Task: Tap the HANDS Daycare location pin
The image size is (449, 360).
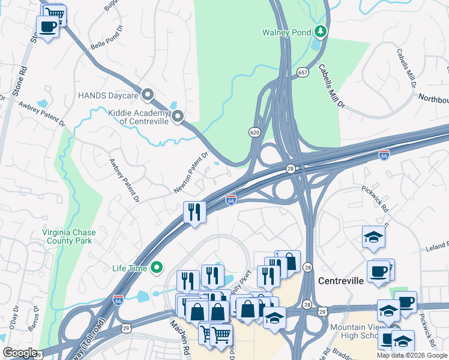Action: click(x=148, y=95)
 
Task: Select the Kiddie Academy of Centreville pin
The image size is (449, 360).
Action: click(x=178, y=117)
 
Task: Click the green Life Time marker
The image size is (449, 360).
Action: click(x=157, y=268)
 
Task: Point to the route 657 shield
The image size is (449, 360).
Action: click(x=302, y=73)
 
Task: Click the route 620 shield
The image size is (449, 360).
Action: click(x=255, y=131)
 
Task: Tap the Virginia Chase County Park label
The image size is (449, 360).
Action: click(x=67, y=236)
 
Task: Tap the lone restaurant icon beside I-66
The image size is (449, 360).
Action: click(x=194, y=212)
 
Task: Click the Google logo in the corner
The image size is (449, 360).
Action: click(x=20, y=353)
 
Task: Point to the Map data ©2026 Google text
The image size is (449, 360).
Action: click(x=411, y=355)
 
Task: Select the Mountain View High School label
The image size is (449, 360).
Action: click(x=360, y=332)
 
